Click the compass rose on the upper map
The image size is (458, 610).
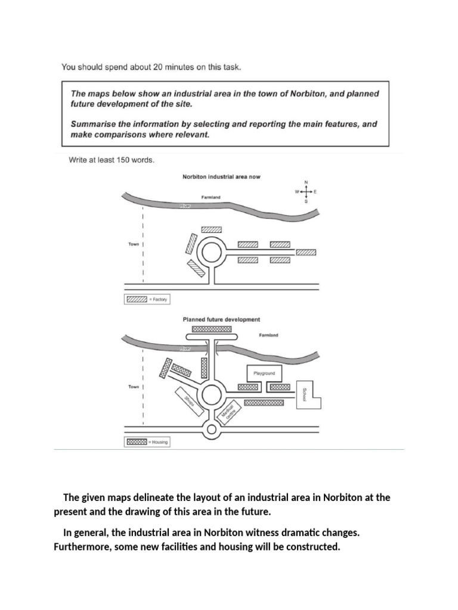pos(307,191)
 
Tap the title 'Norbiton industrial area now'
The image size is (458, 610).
pos(221,177)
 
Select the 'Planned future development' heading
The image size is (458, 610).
pos(221,319)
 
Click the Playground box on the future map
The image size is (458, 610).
pos(263,374)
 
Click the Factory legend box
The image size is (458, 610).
pos(136,300)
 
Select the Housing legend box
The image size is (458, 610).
pos(136,442)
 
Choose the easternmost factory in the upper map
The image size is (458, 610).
pos(306,252)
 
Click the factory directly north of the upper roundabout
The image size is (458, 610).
pos(211,229)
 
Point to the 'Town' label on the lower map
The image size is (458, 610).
pos(134,387)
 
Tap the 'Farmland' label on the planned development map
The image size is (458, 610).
pos(268,335)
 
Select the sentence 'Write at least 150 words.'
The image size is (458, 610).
pos(109,160)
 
